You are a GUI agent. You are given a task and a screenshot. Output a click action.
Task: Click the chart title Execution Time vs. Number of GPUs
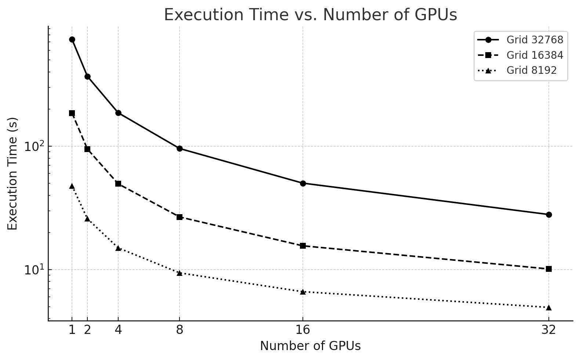310,15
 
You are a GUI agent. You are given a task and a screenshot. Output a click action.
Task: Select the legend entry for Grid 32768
534,40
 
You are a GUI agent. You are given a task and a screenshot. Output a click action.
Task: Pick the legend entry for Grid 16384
534,55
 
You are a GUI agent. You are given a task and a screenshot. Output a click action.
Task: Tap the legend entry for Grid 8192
531,70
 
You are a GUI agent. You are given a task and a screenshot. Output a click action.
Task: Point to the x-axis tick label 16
302,330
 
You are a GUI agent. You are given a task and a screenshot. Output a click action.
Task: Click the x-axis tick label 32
548,330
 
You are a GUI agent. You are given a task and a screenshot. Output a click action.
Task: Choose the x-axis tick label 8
180,330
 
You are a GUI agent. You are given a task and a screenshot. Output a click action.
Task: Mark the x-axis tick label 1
72,330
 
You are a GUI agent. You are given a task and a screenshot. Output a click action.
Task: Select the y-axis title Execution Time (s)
13,173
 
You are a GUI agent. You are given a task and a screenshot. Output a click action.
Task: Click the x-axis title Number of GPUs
310,346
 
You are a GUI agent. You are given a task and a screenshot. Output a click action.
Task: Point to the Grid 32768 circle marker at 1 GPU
72,40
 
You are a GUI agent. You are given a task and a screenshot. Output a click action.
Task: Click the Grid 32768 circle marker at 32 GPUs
549,215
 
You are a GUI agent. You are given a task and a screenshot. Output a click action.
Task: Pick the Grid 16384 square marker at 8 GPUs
180,217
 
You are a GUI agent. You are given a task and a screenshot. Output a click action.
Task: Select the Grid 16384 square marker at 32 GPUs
549,269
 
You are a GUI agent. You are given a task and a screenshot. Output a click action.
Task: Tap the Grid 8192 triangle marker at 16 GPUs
303,292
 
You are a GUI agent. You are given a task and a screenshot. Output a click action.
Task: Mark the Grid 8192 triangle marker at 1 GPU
72,186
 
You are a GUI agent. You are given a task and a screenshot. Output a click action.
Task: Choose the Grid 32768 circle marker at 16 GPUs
303,183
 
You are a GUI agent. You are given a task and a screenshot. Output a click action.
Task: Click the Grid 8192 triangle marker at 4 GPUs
118,248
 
